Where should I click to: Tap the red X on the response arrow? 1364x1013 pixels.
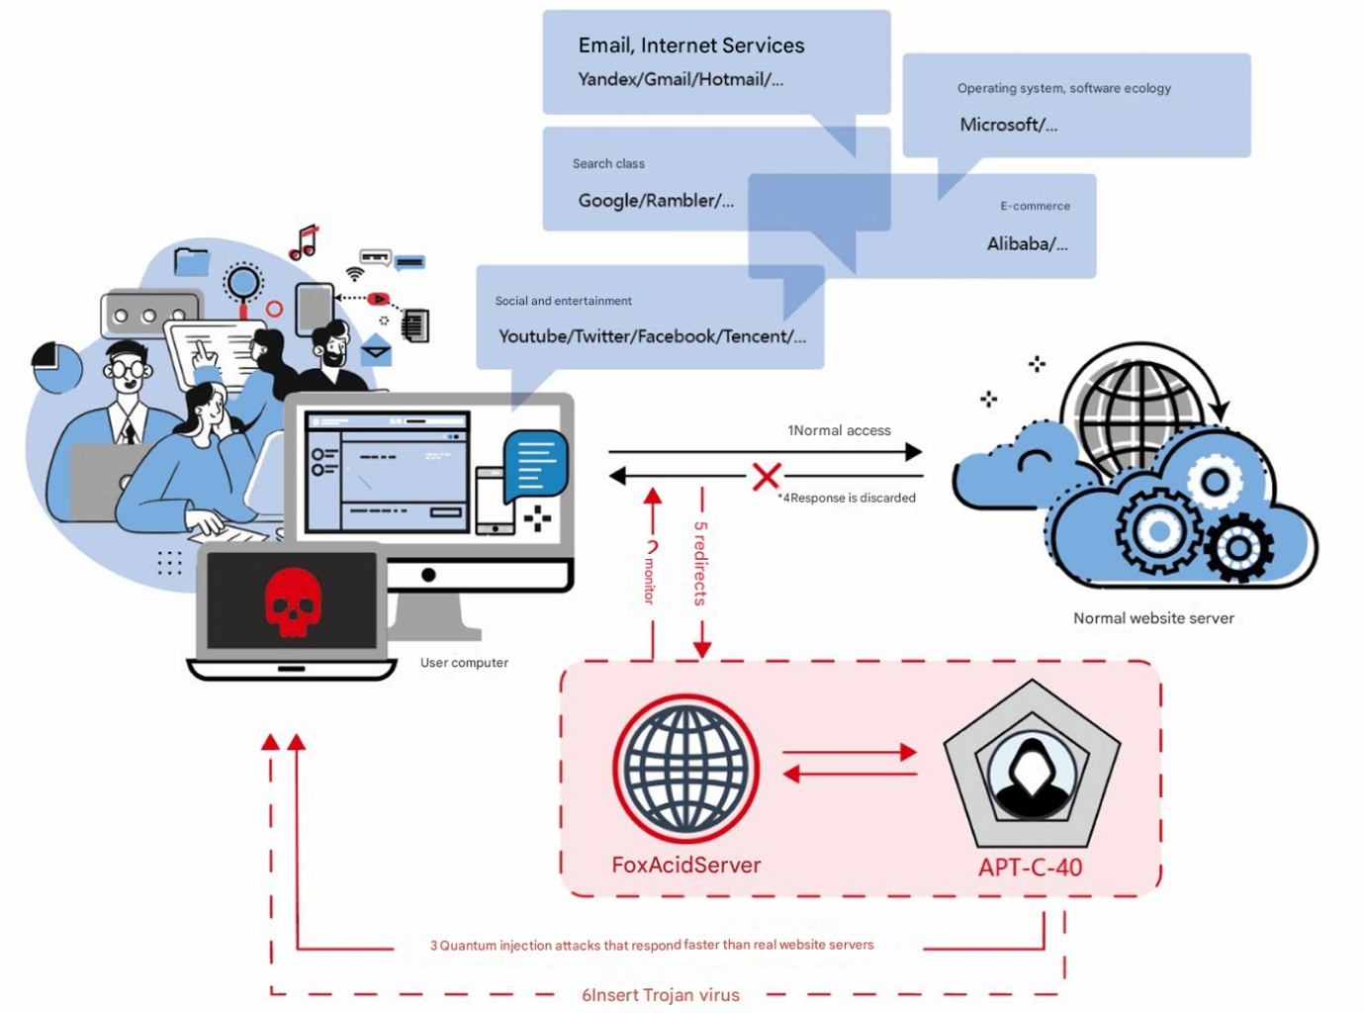767,476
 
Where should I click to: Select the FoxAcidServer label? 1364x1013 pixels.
686,865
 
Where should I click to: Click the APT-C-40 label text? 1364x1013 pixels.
1030,868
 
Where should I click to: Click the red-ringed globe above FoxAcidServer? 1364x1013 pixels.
686,769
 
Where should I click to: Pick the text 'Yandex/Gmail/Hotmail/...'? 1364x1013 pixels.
681,79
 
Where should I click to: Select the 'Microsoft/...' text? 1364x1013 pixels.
1009,125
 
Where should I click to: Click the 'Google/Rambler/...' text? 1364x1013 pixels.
656,201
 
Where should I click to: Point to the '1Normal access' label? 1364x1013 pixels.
839,430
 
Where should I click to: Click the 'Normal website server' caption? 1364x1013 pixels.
1153,618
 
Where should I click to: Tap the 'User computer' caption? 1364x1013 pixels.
464,663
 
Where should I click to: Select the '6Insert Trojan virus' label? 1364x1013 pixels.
661,994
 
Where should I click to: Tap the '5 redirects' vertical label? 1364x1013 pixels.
700,564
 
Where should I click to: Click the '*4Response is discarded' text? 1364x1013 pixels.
847,498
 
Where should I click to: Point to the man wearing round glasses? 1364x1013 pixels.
127,394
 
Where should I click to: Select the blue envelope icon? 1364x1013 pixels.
376,349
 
